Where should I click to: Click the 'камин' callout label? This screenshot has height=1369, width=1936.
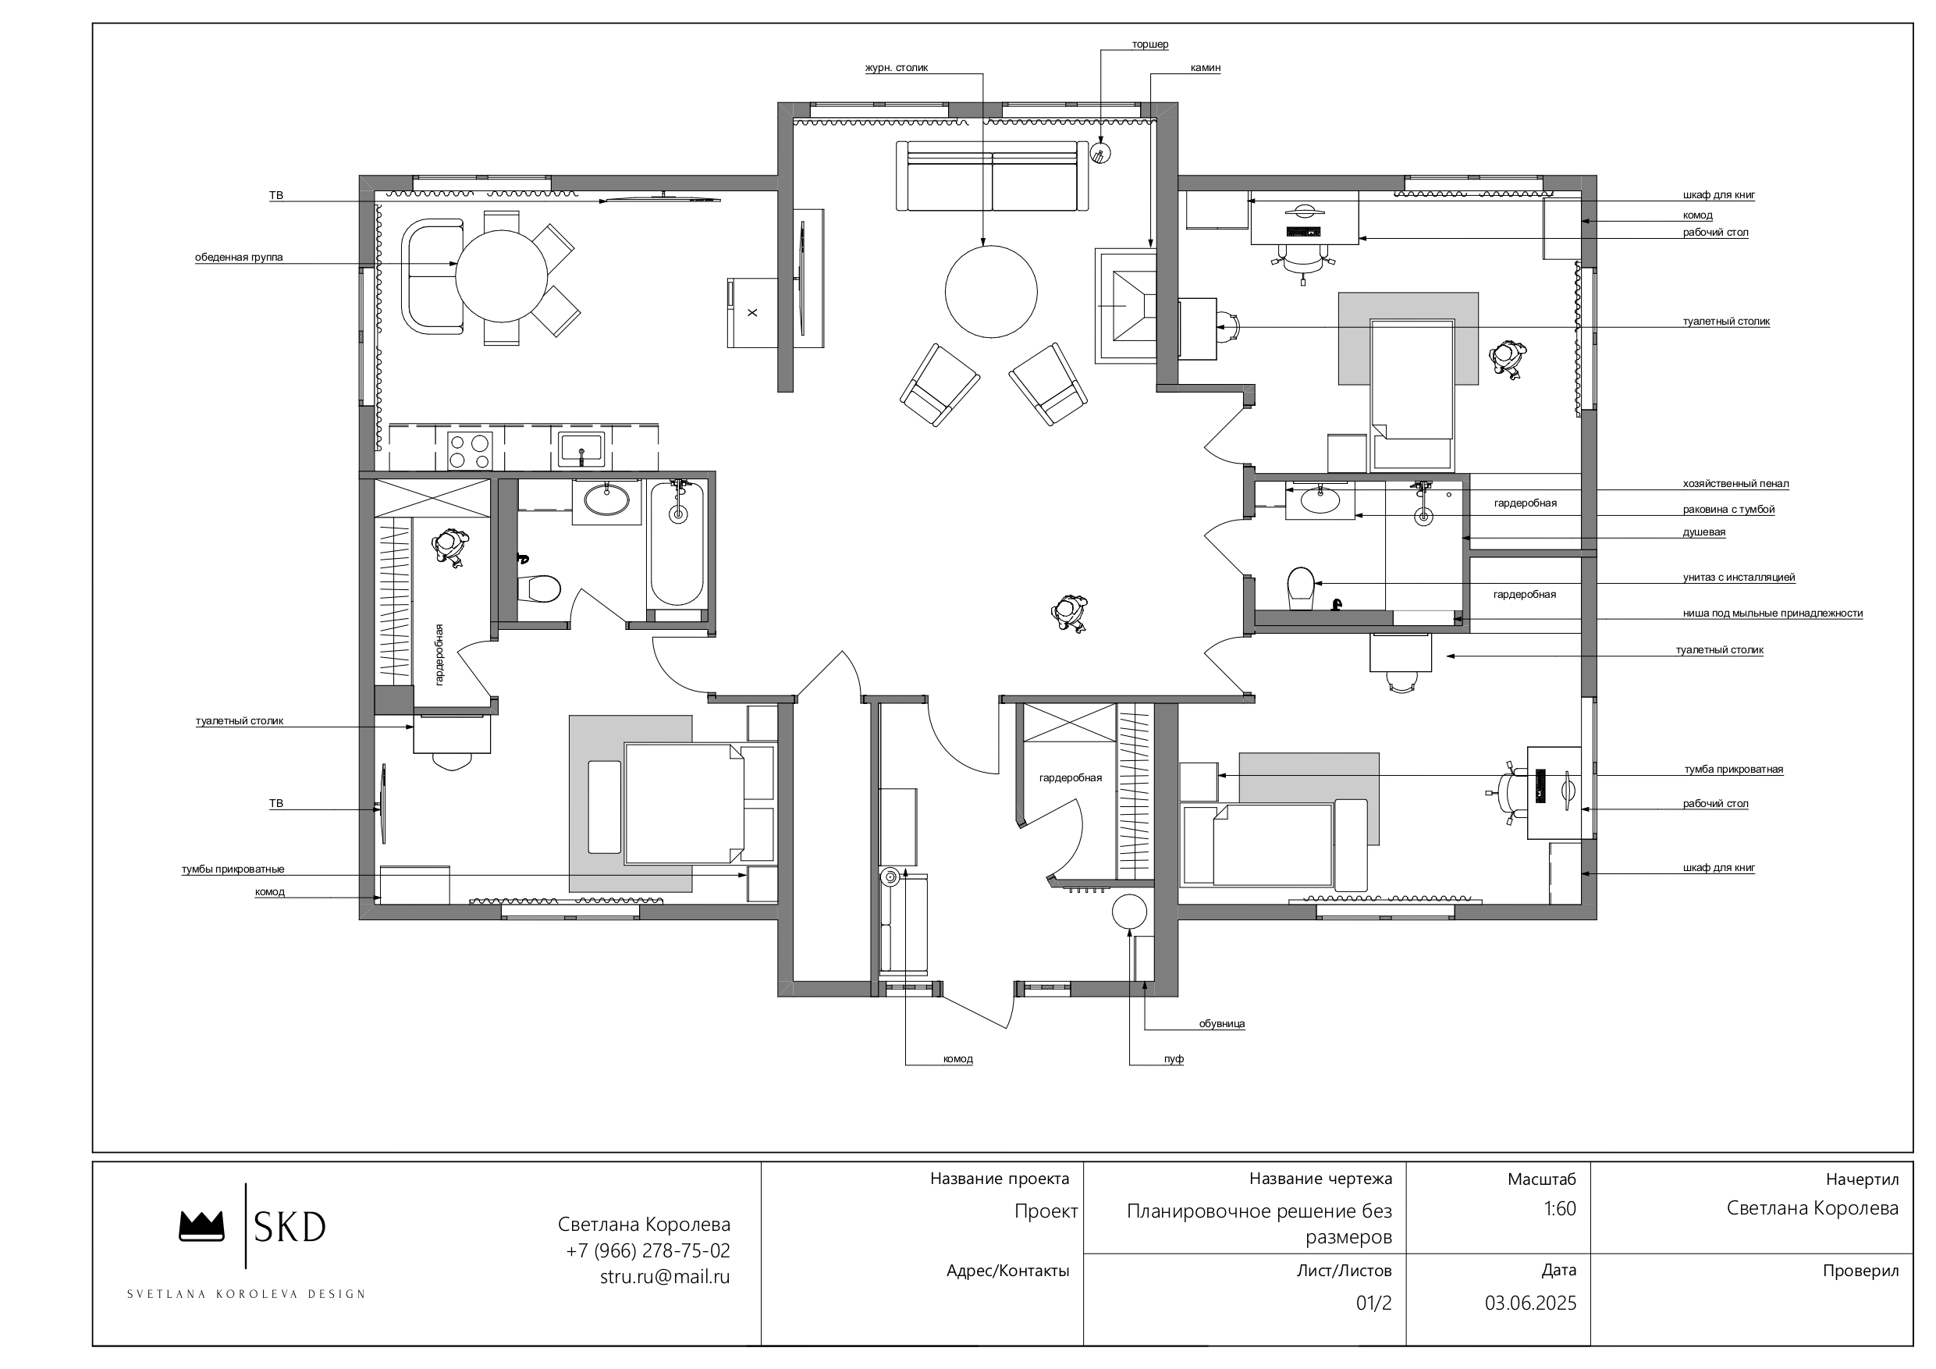pos(1205,67)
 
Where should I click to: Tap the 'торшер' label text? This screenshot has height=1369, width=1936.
pos(1150,44)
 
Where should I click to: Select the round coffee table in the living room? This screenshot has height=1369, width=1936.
pos(991,292)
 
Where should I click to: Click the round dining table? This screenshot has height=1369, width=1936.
pos(502,276)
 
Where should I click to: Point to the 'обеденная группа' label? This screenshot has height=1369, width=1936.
pos(239,258)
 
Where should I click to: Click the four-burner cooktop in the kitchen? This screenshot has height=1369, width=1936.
pos(470,450)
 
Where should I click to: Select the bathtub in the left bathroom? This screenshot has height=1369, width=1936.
pos(677,544)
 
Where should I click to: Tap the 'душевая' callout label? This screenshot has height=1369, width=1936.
pos(1704,532)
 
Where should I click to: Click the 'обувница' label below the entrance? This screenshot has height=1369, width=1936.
pos(1222,1024)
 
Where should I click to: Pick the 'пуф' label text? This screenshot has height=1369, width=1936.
pos(1174,1059)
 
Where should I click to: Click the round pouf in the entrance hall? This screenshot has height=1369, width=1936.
pos(1130,912)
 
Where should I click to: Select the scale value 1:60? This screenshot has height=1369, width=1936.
pos(1560,1209)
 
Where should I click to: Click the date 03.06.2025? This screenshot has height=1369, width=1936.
pos(1530,1303)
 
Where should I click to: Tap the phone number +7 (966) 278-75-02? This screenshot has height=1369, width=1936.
pos(648,1251)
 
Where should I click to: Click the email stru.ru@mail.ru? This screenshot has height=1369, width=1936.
pos(666,1277)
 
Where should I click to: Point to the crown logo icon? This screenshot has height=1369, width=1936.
pos(201,1226)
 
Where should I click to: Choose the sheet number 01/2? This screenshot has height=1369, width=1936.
pos(1373,1303)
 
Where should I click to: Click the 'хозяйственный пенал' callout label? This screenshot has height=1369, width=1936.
pos(1736,484)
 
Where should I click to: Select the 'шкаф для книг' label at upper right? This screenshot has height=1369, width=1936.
pos(1719,195)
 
